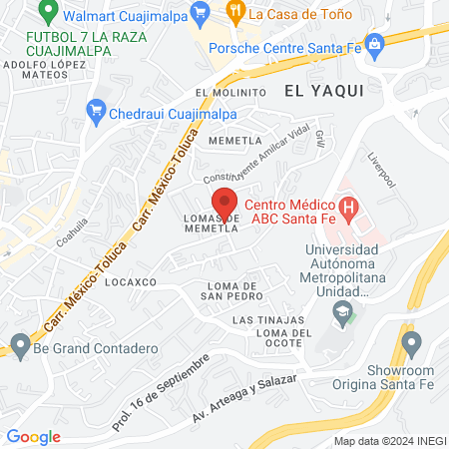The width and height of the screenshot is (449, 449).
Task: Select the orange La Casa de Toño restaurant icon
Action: click(x=234, y=14)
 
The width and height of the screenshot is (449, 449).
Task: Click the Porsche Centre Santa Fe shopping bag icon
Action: click(x=375, y=44)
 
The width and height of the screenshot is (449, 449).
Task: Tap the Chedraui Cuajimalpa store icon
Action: click(x=97, y=109)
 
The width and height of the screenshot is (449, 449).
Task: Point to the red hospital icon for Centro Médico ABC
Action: click(x=348, y=210)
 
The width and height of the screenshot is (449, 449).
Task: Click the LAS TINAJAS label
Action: click(x=262, y=320)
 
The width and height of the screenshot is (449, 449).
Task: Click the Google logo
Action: click(x=33, y=436)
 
